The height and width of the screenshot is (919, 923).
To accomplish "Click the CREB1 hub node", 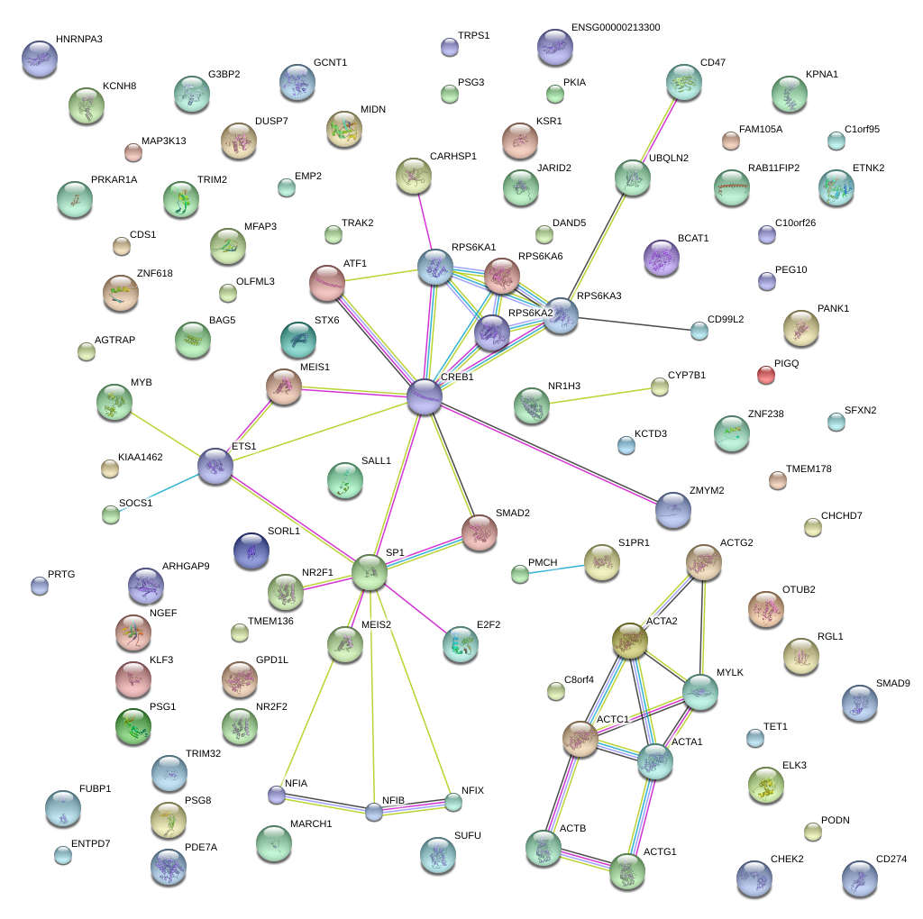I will coord(425,397).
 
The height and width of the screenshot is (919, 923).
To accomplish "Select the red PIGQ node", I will coord(765,375).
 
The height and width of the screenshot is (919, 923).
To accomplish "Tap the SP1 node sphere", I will coord(369,572).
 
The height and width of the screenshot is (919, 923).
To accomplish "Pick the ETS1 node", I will coord(215,466).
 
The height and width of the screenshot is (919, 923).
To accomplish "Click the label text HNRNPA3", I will coord(78,40).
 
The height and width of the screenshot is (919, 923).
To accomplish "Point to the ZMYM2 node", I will coord(673,510).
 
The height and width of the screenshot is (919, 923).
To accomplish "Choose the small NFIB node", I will coord(374,812).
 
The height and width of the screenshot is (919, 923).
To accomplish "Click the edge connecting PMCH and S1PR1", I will coord(552,569).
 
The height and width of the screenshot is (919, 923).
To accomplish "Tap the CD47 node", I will coord(684,82).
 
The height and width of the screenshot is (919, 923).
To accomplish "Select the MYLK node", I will coord(700,691).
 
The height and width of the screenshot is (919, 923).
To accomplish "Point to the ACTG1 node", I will coord(626,871).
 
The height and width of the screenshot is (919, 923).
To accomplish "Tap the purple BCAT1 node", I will coord(662,258).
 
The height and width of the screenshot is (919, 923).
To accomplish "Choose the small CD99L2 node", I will coord(699,331).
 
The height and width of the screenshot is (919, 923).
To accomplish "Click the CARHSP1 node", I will coord(414,176).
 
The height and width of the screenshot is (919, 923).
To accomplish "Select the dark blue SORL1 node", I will coord(251,550).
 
